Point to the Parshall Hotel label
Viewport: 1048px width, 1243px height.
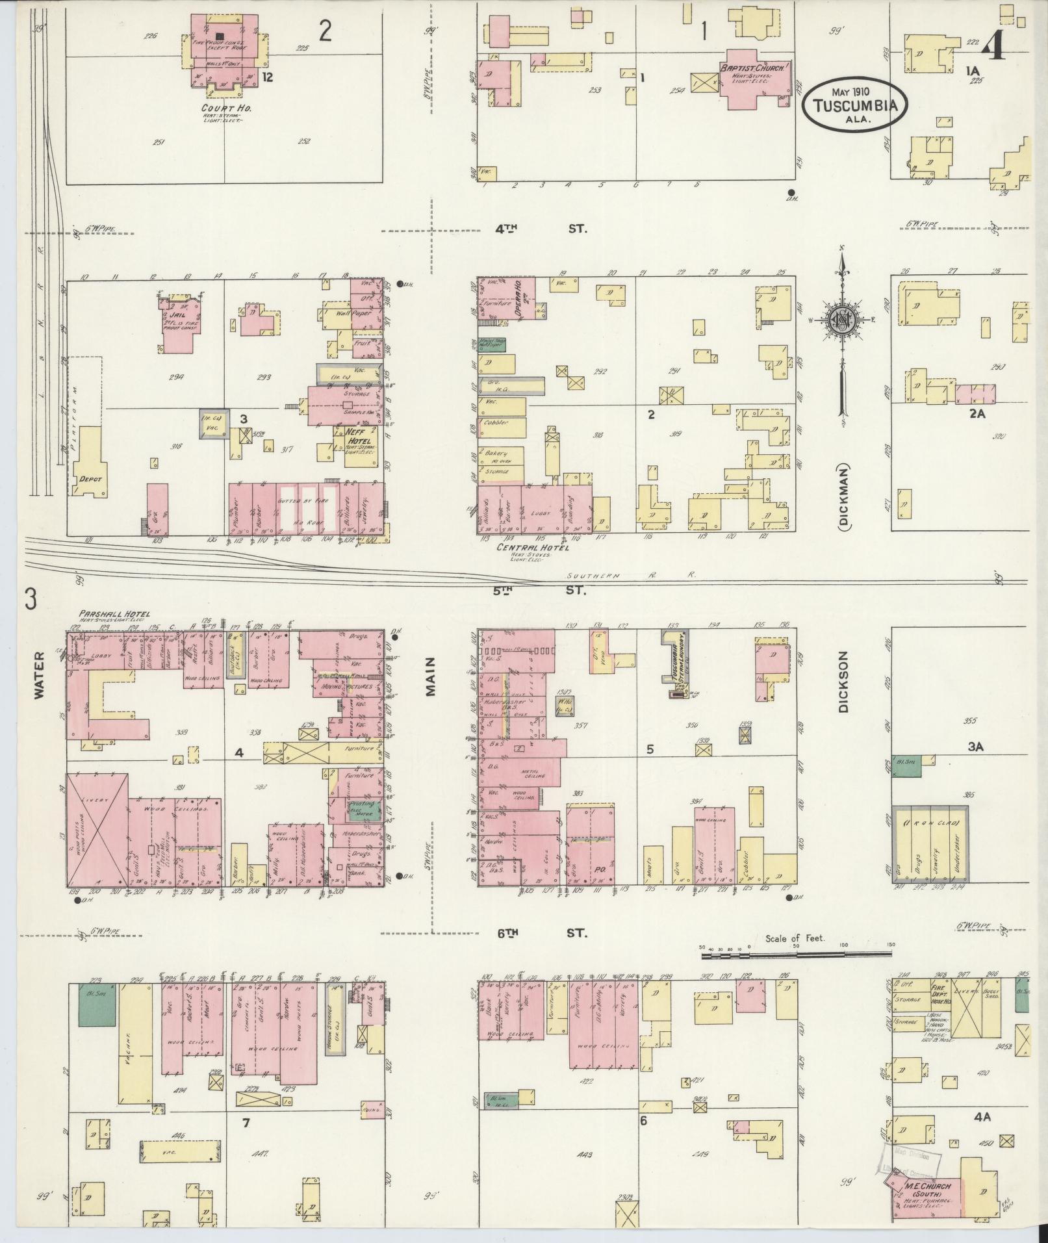click(x=114, y=613)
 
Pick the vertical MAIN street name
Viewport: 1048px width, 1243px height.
click(x=429, y=676)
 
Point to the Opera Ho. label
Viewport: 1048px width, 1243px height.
click(x=518, y=301)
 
